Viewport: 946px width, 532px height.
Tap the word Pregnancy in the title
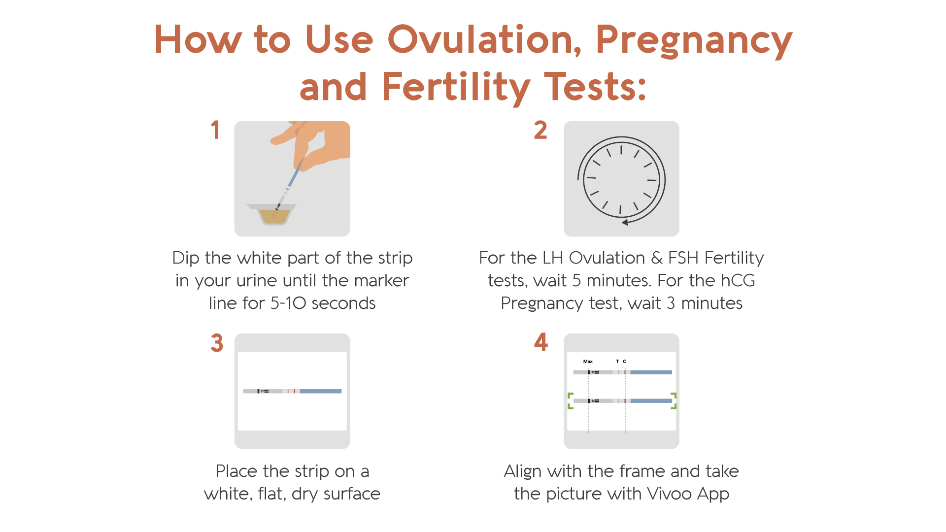(x=694, y=41)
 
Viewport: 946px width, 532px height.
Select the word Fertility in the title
(x=456, y=88)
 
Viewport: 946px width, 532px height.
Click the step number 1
(x=215, y=130)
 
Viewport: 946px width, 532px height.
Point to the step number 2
(x=541, y=130)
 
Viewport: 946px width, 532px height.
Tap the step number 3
(x=217, y=343)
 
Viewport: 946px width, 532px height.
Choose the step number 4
(x=541, y=342)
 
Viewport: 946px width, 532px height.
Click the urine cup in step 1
(x=271, y=214)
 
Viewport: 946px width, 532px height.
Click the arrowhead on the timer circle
(x=625, y=222)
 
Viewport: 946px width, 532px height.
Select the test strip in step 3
(x=292, y=391)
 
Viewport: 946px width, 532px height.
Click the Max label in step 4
(x=588, y=362)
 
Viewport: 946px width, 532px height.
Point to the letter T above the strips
(x=617, y=362)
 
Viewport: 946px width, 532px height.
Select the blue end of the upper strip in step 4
(x=651, y=372)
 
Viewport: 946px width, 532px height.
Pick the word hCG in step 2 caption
(x=738, y=280)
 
